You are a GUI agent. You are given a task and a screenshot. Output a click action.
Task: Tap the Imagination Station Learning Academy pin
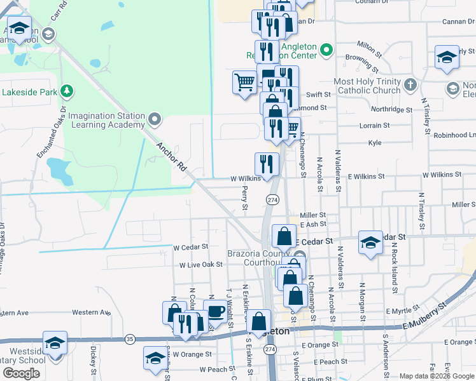click(154, 119)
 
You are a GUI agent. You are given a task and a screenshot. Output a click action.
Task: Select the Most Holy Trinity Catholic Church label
click(368, 86)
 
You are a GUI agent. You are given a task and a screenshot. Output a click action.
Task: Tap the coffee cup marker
click(216, 312)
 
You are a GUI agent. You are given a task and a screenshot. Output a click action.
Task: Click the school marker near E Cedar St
click(370, 242)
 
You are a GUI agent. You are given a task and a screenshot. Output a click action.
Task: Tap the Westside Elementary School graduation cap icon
click(55, 344)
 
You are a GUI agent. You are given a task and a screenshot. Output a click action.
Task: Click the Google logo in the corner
click(21, 373)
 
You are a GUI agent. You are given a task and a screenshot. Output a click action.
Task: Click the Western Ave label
click(91, 312)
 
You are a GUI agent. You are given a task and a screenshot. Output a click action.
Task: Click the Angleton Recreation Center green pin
click(326, 49)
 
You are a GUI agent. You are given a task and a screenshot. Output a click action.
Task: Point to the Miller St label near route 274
click(312, 215)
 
